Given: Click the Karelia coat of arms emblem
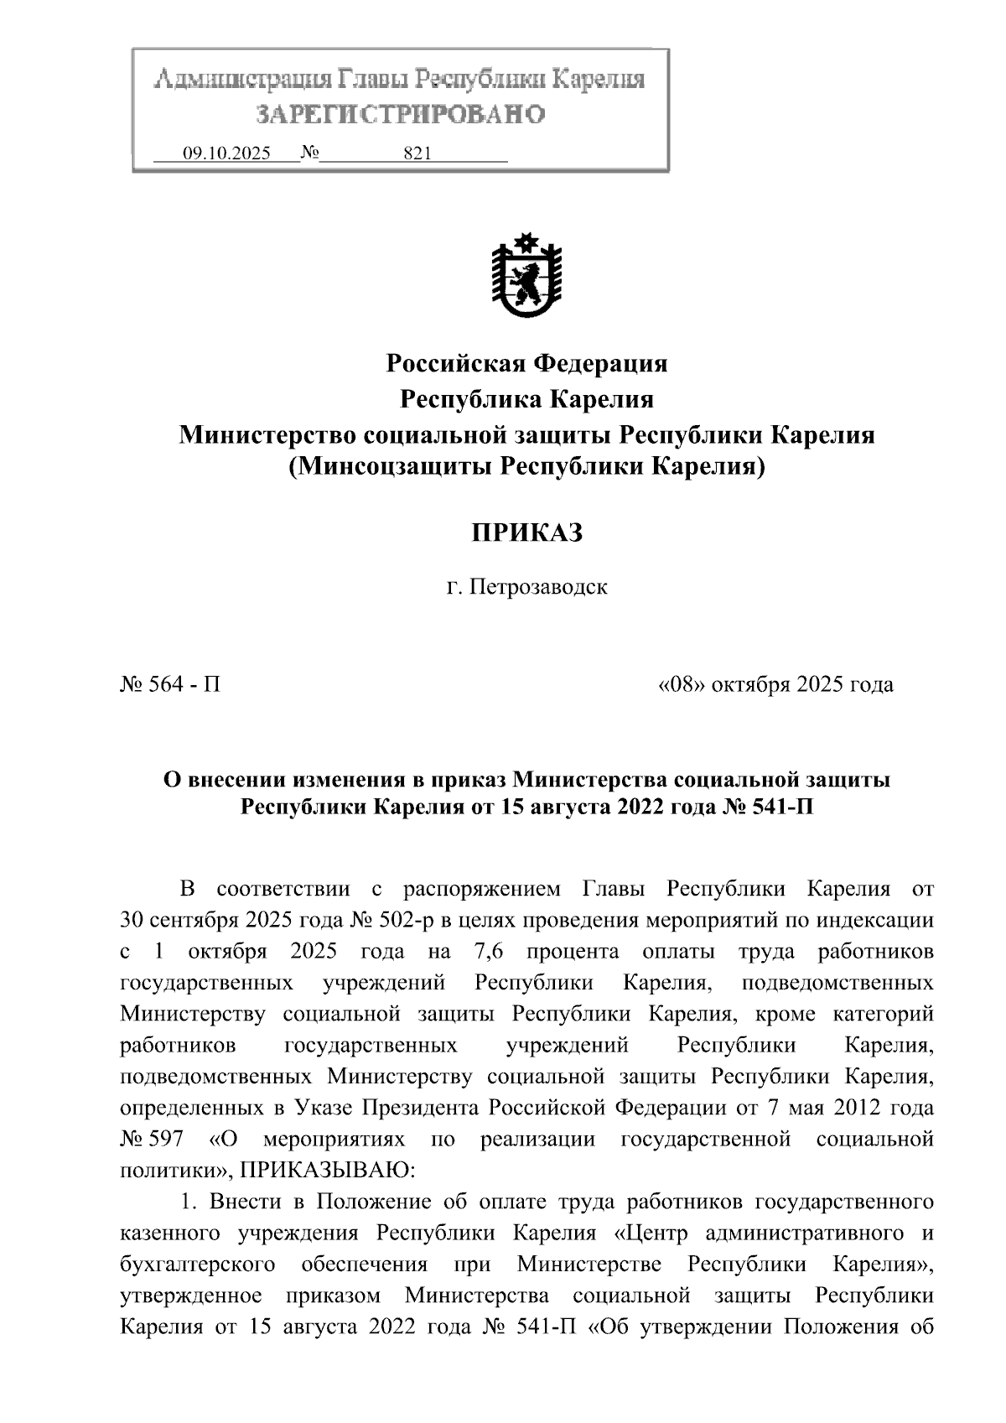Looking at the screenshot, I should [x=526, y=278].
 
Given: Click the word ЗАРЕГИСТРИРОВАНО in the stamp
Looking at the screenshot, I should [x=400, y=115].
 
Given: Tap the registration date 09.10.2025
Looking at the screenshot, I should [x=226, y=153].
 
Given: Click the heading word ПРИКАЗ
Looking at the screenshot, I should [x=526, y=533].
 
